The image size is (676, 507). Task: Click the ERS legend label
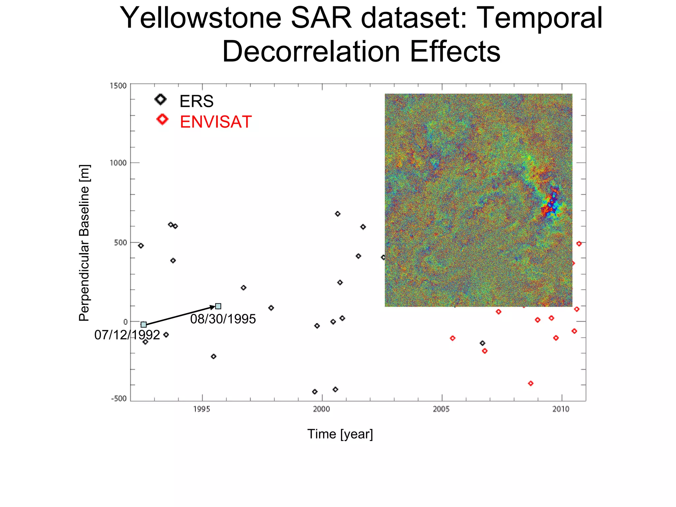196,101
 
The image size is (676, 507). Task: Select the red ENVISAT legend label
216,122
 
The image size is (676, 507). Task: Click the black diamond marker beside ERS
161,99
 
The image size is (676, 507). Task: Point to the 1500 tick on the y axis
118,86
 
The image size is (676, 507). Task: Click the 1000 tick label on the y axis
118,163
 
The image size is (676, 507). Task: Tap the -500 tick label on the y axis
119,398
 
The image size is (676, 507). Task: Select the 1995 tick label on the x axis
202,409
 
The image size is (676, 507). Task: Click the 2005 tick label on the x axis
441,409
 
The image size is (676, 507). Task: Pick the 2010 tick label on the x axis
561,409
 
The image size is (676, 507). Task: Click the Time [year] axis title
340,434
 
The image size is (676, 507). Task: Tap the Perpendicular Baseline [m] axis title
84,243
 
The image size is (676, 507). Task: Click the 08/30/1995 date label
223,319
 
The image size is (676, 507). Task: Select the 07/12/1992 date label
127,335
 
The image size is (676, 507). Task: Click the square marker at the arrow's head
218,306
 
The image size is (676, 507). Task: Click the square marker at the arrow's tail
144,325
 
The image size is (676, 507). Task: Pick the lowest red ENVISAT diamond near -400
531,383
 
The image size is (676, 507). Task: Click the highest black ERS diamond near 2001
337,214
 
